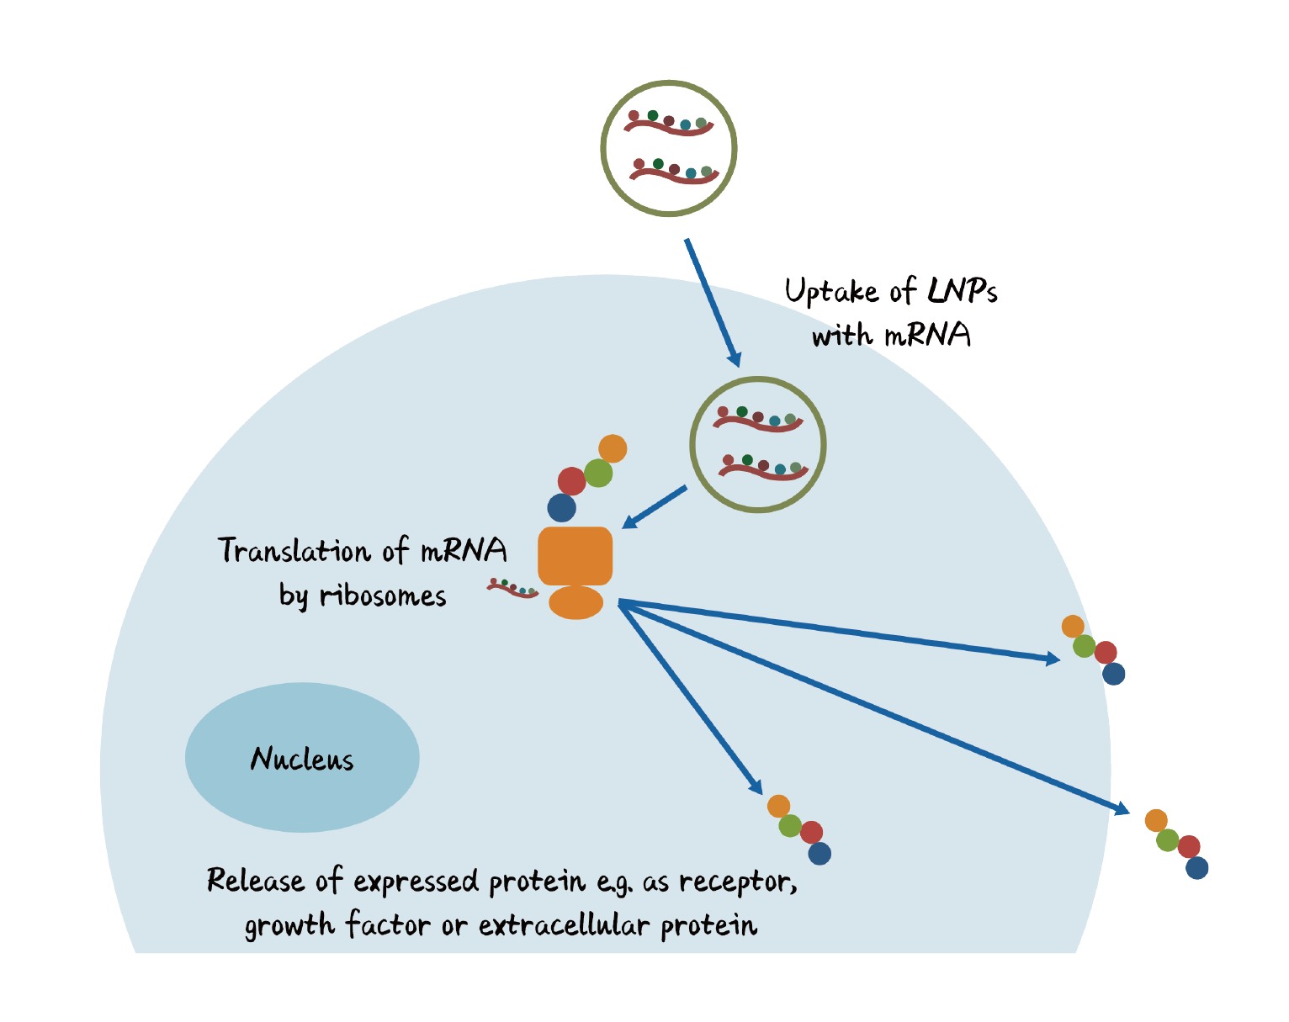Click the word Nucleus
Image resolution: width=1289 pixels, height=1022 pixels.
302,759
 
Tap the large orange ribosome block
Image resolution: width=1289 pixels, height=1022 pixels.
575,555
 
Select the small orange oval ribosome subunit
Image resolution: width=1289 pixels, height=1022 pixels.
576,602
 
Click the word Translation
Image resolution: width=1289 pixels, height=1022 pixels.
294,550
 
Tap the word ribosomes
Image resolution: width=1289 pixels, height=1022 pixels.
383,596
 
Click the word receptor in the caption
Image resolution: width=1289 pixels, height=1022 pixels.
737,881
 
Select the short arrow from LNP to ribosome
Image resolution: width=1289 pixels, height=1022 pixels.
655,507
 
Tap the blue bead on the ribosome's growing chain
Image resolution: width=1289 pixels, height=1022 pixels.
561,508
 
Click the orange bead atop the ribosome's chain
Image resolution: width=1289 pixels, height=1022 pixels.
613,448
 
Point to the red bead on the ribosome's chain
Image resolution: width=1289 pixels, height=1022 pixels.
571,482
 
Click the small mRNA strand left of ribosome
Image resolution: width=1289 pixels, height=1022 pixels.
512,588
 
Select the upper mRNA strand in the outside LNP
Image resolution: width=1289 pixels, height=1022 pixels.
668,124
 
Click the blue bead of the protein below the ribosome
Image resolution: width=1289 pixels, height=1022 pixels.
820,854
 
